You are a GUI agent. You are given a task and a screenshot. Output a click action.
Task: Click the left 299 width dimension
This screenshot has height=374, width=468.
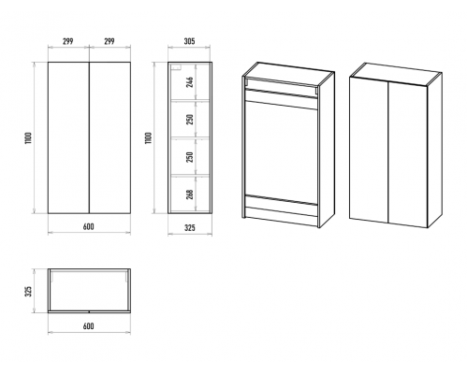tap(68, 41)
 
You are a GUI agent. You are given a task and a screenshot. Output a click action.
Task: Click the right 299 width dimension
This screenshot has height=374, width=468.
tap(110, 41)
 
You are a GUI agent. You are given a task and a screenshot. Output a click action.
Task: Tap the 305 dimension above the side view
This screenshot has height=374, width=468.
tap(189, 41)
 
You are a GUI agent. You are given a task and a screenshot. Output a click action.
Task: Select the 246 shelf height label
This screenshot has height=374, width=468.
tap(190, 82)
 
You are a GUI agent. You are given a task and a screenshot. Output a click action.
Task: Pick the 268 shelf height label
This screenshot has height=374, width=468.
tap(190, 194)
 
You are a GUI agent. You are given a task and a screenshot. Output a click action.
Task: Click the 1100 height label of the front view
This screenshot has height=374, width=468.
tap(28, 138)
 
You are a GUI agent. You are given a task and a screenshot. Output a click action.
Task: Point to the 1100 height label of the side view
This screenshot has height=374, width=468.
tap(149, 138)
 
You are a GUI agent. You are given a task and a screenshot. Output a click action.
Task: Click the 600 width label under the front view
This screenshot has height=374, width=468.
tap(89, 226)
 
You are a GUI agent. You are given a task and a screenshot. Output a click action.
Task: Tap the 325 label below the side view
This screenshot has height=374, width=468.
tap(189, 228)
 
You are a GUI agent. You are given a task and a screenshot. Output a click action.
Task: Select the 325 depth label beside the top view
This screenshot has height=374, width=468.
tap(28, 291)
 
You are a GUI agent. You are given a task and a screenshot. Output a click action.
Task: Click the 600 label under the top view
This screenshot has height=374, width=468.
tap(89, 326)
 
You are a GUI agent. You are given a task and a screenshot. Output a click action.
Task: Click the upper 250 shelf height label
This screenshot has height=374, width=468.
tap(190, 119)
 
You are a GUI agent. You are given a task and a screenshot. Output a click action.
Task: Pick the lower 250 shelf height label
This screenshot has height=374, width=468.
tap(190, 156)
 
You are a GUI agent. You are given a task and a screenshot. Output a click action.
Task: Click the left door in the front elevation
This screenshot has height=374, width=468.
tap(68, 137)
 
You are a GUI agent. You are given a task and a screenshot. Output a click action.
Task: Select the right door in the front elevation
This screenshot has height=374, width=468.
tap(110, 137)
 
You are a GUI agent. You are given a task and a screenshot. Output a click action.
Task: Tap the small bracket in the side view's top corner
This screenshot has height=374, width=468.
tap(176, 67)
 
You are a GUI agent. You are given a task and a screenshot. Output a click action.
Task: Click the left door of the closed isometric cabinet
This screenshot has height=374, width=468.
tap(369, 150)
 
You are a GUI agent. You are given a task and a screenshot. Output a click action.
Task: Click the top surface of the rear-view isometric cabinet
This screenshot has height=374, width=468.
tap(288, 73)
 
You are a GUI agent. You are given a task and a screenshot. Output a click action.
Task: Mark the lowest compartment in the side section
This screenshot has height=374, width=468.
tap(189, 194)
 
